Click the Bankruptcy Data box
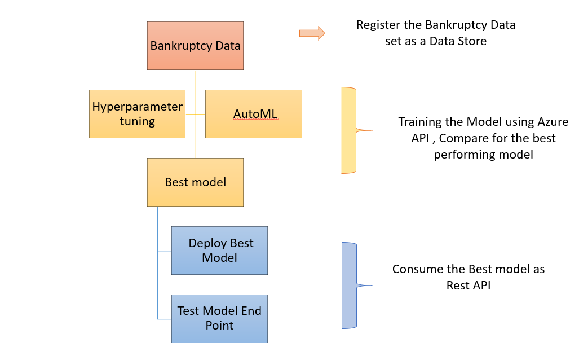click(x=195, y=46)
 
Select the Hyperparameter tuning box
click(x=137, y=113)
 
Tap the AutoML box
click(x=253, y=113)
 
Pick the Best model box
click(x=195, y=182)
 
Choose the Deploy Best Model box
click(x=219, y=250)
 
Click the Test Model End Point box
click(x=219, y=318)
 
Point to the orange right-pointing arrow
click(x=312, y=33)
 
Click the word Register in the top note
click(x=377, y=25)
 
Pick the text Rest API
click(x=468, y=286)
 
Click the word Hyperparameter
click(x=138, y=107)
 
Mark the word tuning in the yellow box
click(x=137, y=121)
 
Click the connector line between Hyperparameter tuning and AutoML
click(x=195, y=114)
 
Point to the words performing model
click(x=483, y=155)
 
